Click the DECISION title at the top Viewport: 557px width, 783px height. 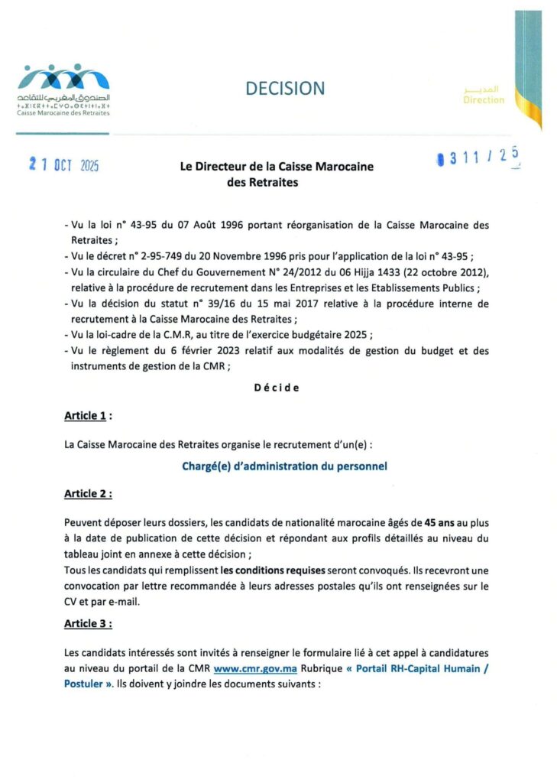(284, 89)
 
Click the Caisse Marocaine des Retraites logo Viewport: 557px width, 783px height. (65, 89)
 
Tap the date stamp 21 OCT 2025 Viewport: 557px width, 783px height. (65, 164)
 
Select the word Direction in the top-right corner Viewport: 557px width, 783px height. (484, 100)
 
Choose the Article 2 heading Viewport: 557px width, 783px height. (88, 494)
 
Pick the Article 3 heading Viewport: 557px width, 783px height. (88, 624)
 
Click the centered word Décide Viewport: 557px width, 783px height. (277, 388)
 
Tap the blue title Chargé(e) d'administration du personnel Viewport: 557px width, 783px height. (284, 465)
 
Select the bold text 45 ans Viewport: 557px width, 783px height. (432, 524)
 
